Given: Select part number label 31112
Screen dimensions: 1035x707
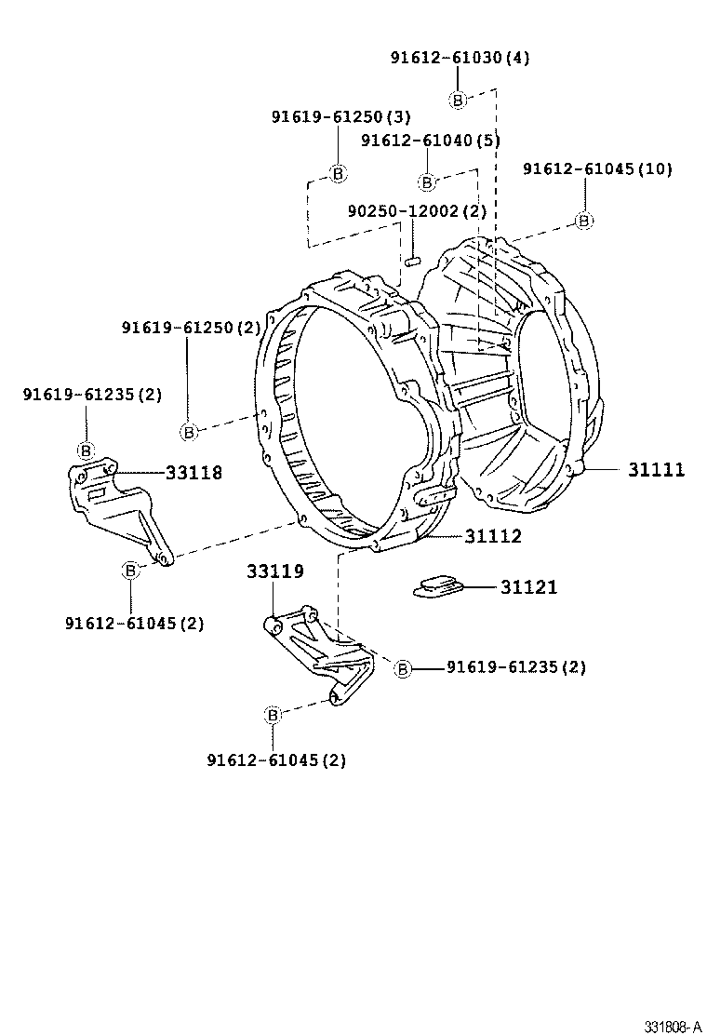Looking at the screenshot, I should [x=493, y=536].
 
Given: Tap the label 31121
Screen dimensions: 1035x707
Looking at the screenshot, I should [x=528, y=587].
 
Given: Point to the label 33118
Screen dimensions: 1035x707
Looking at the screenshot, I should [x=194, y=473].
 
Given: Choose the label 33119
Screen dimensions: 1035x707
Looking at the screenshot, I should [x=274, y=571].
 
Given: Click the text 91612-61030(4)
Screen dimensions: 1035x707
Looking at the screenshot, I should [x=460, y=58].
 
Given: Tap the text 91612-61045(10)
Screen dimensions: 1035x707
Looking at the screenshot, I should [x=597, y=168].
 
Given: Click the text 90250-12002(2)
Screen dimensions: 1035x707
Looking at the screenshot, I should [x=417, y=211].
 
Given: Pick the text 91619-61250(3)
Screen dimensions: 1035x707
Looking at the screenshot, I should [x=341, y=116].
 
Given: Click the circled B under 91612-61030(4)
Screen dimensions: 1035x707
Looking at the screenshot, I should [x=458, y=101].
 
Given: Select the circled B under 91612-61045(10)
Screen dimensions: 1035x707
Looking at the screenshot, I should [x=583, y=221].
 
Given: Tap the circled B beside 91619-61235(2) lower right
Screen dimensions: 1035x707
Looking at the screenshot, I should [x=403, y=668].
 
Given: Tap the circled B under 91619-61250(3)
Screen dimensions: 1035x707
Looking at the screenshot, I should [x=339, y=173].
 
